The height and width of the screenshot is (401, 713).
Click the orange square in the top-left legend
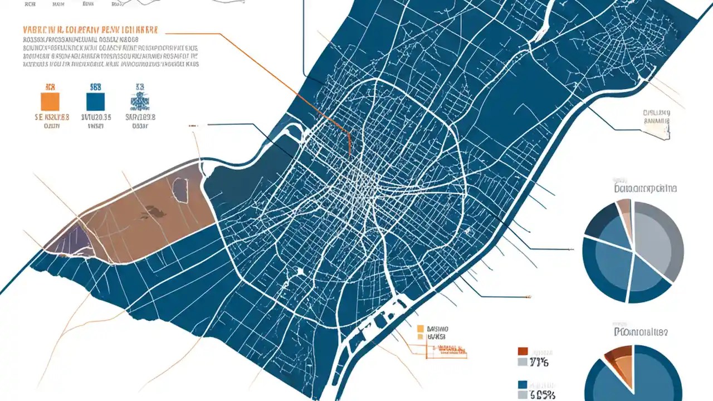[x=50, y=101]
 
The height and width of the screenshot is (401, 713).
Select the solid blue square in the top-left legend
[x=95, y=101]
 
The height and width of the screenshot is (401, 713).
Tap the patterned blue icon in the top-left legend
[x=138, y=101]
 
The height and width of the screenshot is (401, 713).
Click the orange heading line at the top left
[x=90, y=28]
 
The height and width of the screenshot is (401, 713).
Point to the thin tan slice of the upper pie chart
[x=625, y=214]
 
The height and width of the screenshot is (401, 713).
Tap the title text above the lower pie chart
[x=641, y=332]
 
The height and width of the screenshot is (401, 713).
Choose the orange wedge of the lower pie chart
[x=621, y=362]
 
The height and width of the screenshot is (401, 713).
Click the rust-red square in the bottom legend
[x=522, y=351]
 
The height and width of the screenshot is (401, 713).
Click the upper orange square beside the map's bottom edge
[x=421, y=329]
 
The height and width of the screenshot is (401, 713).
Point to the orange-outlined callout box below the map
[x=446, y=349]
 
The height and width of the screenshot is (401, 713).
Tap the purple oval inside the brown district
[x=179, y=189]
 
